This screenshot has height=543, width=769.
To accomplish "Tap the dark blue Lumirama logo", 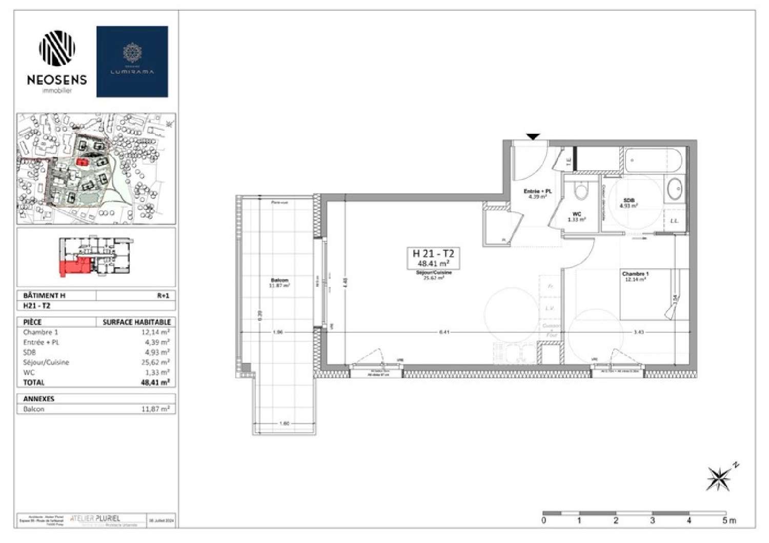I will (x=132, y=62).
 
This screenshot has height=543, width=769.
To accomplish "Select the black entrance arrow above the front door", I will (x=533, y=136).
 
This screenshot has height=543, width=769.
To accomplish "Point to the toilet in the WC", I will (x=581, y=191).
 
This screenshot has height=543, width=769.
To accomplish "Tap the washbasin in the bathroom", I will (x=674, y=190).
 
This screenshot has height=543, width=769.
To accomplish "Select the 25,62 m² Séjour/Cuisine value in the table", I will (x=156, y=363).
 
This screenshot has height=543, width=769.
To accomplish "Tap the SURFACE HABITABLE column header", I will (x=136, y=322).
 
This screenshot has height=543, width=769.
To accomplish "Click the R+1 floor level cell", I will (x=163, y=295).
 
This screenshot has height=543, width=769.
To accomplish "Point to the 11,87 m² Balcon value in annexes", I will (x=156, y=409).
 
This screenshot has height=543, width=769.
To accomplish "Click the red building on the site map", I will (x=82, y=162).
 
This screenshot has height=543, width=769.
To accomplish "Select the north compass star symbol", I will (x=719, y=478).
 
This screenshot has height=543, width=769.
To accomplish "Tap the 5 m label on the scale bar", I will (x=728, y=520).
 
